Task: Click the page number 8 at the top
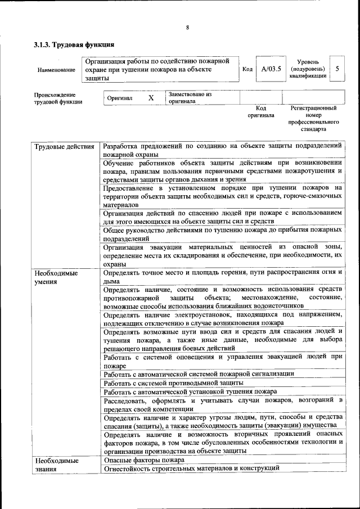click(187, 28)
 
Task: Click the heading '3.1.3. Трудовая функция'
click(74, 44)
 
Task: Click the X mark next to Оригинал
click(151, 98)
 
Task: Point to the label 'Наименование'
click(56, 70)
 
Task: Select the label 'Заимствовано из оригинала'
click(190, 98)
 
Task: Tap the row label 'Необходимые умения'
click(56, 277)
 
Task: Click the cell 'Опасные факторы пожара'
click(144, 460)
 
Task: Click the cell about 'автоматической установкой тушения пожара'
click(190, 391)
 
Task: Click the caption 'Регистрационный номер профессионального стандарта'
click(313, 118)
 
